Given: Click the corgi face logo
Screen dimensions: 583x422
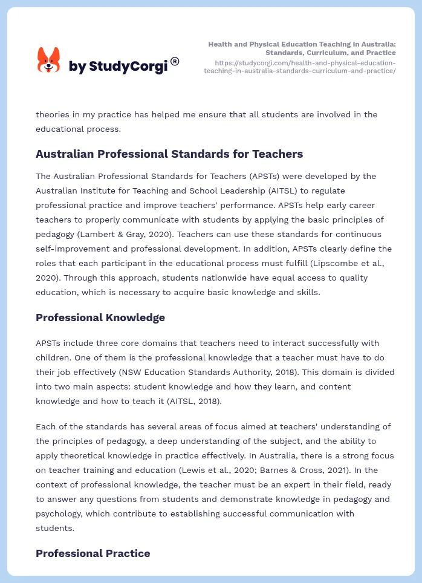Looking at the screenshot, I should point(49,60).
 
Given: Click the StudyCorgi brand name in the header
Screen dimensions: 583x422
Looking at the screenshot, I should point(118,67).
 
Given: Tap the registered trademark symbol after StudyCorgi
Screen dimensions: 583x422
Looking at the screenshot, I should point(175,61).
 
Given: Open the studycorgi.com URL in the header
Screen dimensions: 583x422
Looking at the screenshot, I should point(300,67).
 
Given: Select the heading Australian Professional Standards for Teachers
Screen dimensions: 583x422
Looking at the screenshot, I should point(169,154).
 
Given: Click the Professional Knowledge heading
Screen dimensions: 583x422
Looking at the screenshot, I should point(100,318).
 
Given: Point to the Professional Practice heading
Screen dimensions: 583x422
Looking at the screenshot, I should point(93,553).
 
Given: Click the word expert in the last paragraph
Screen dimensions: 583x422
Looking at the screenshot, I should point(252,484).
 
